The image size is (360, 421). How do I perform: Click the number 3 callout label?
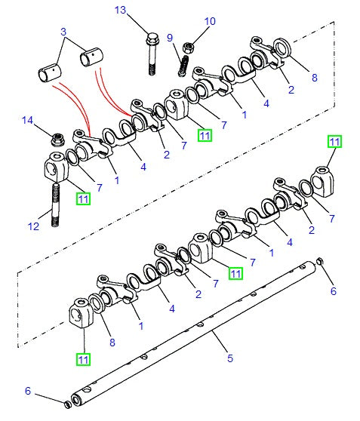coord(63,32)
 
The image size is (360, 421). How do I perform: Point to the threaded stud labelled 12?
coord(56,204)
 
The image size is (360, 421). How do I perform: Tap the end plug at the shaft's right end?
coord(318,263)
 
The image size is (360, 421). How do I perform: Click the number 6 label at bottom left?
coord(27,391)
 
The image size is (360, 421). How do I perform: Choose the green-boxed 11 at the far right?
coord(334,140)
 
